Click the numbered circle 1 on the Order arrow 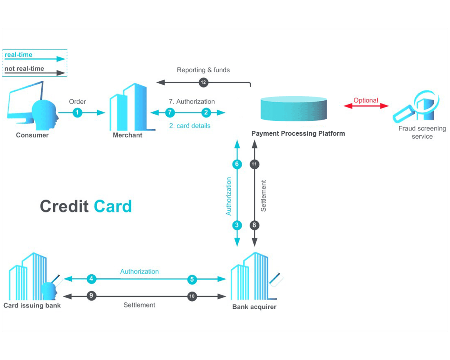[x=77, y=112]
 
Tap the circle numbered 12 [x=203, y=82]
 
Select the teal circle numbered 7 [x=170, y=112]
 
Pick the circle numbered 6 [x=237, y=164]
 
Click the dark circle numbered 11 [x=255, y=164]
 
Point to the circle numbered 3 [x=237, y=225]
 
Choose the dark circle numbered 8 [x=255, y=225]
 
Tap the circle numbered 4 [x=92, y=279]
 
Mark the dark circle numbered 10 [x=192, y=296]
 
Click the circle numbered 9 [x=92, y=296]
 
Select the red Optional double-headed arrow [x=366, y=106]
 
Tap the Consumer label [x=32, y=135]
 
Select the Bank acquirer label [x=254, y=307]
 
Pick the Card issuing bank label [x=32, y=305]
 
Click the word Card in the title [x=112, y=206]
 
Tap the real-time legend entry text [x=18, y=55]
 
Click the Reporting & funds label [x=203, y=70]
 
